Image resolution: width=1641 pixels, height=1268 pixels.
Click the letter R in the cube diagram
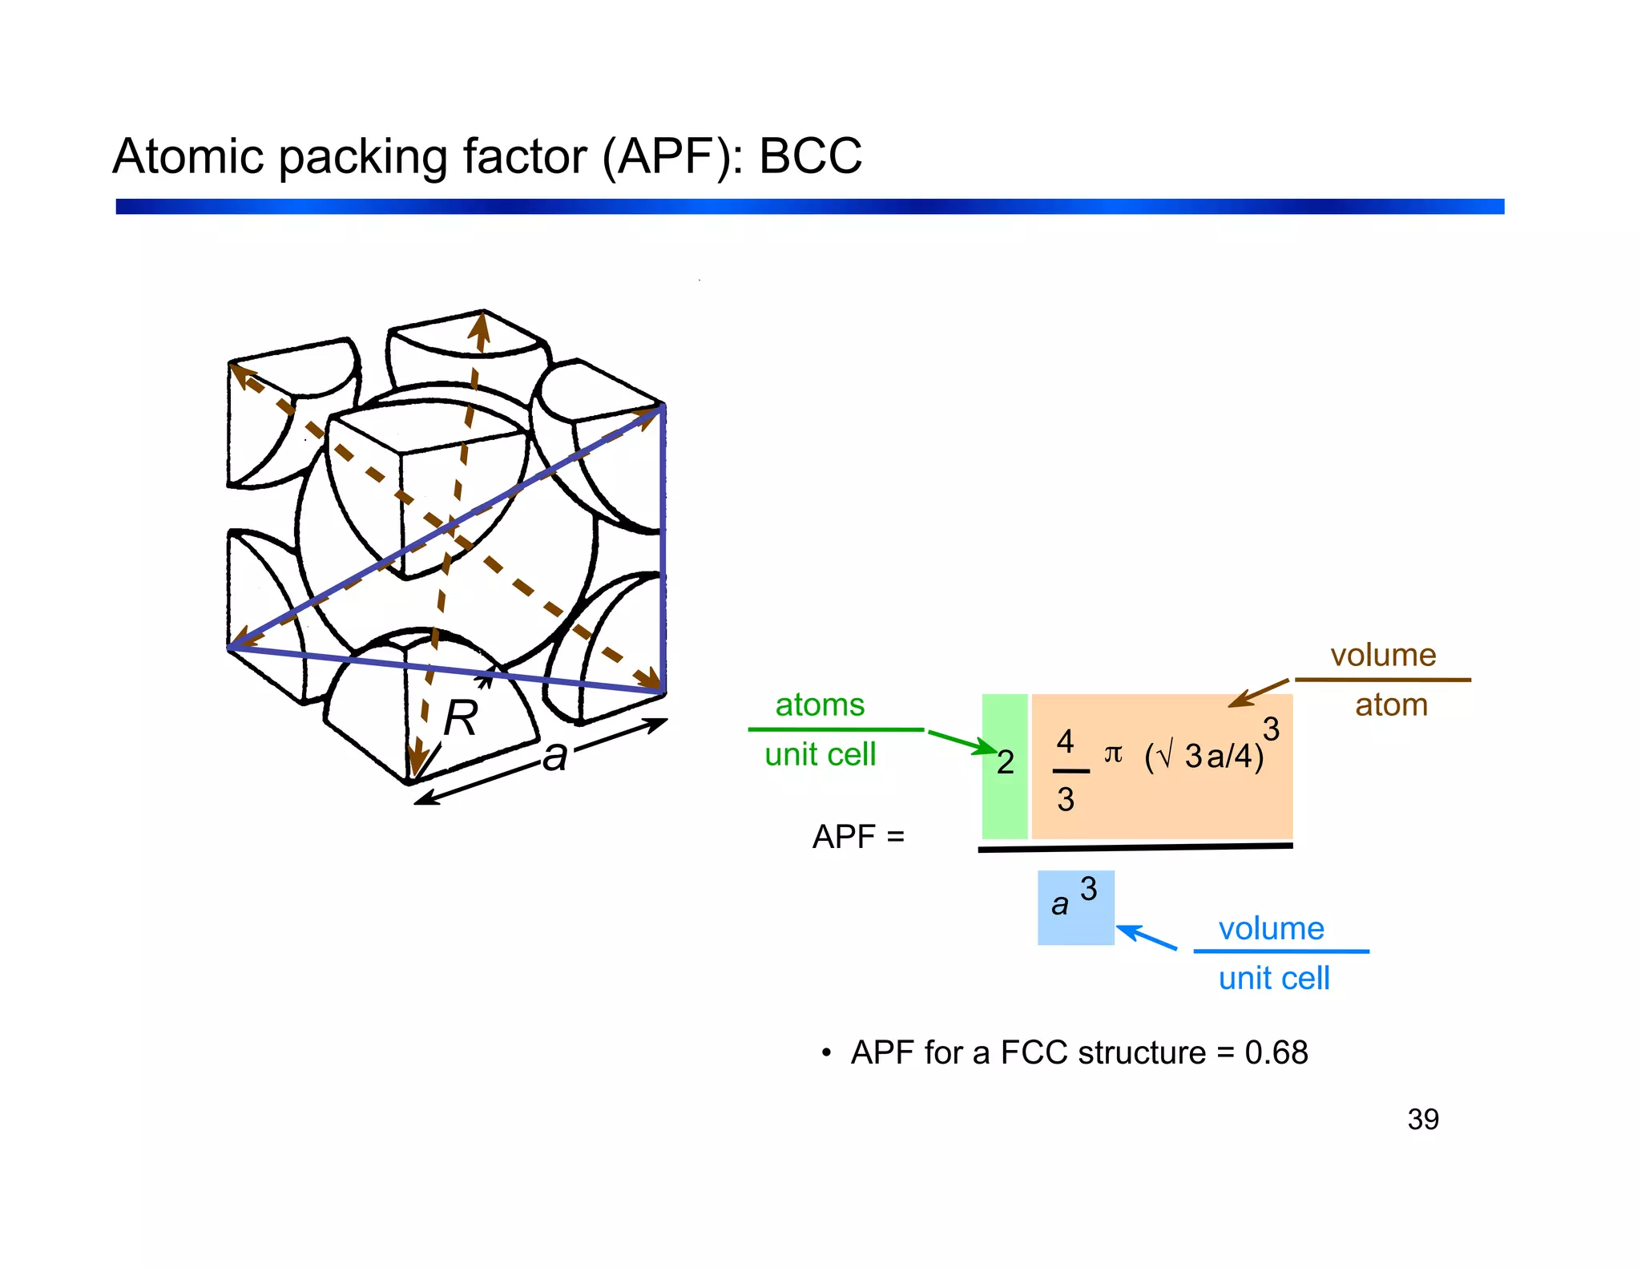click(x=460, y=718)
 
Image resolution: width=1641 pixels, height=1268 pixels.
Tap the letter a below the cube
click(x=554, y=756)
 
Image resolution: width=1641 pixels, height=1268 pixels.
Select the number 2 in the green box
click(x=1005, y=762)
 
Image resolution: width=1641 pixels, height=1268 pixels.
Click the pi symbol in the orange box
click(x=1113, y=753)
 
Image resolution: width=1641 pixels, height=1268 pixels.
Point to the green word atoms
click(x=820, y=705)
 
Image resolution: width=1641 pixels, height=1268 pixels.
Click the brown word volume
click(x=1383, y=656)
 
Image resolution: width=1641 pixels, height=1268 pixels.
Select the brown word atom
click(x=1391, y=705)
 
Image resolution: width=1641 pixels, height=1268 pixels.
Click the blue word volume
click(x=1271, y=929)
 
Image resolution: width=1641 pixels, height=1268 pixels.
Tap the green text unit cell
click(x=820, y=755)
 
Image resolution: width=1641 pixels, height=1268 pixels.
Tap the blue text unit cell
click(x=1273, y=979)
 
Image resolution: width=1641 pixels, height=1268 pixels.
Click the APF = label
click(x=857, y=837)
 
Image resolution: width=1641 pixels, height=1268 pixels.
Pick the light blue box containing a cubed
click(x=1075, y=908)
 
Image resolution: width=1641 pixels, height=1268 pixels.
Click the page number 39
click(x=1422, y=1120)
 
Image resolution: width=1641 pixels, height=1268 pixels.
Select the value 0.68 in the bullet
click(x=1276, y=1053)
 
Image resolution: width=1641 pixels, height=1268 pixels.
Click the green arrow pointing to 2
click(x=962, y=742)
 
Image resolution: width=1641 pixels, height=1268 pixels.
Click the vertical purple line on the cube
click(x=663, y=545)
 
